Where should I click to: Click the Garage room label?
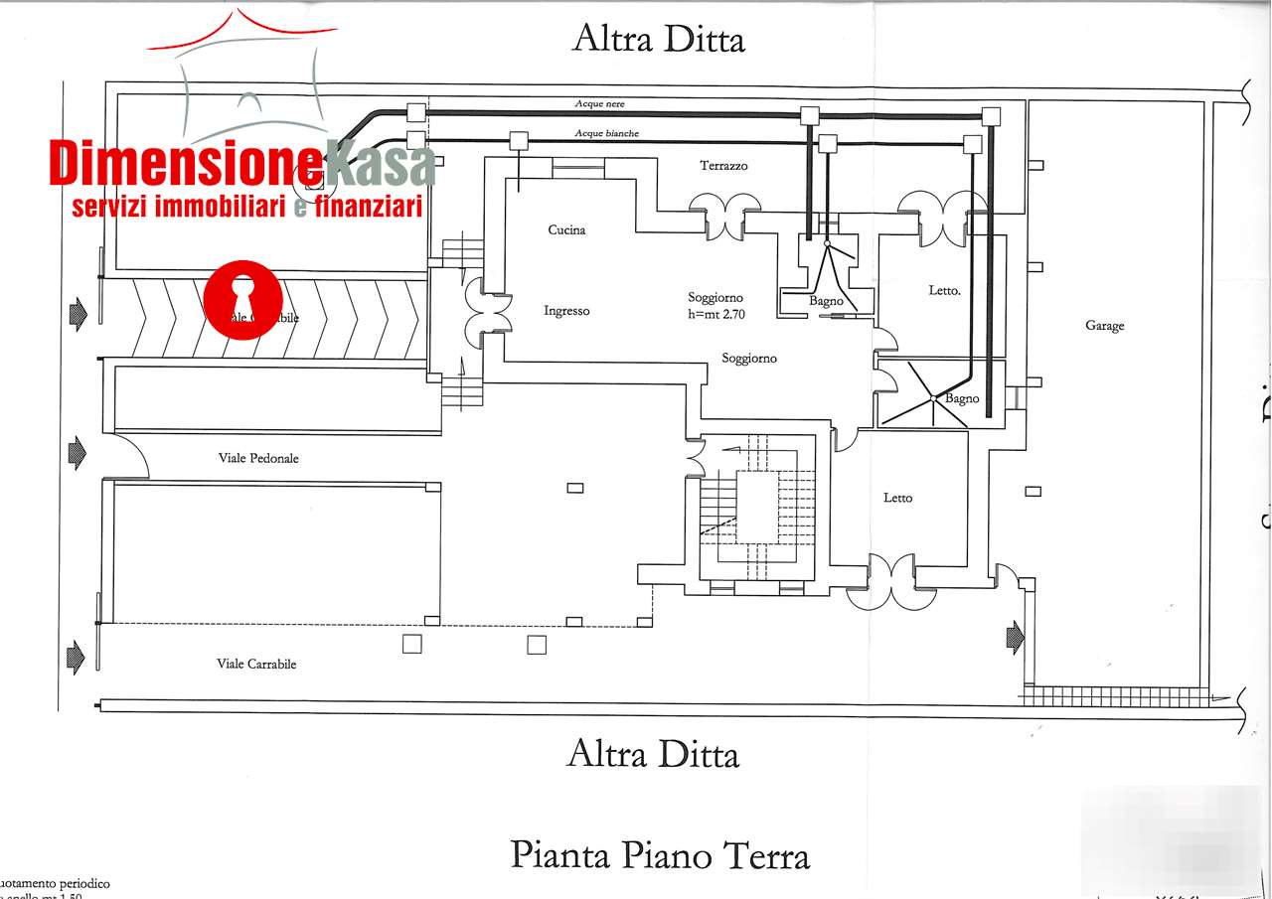click(x=1104, y=326)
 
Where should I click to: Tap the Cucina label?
click(x=566, y=229)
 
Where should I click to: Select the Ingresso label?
click(x=566, y=311)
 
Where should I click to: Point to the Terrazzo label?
click(x=723, y=166)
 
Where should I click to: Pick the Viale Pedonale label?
click(x=258, y=458)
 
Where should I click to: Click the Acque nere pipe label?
click(x=600, y=103)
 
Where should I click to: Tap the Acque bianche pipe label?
click(x=606, y=133)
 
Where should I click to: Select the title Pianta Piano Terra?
click(x=660, y=854)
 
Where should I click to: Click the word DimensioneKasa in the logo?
click(x=241, y=164)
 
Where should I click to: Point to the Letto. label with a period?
click(x=944, y=291)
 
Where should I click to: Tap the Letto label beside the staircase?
click(x=897, y=498)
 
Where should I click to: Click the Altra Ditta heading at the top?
click(x=658, y=39)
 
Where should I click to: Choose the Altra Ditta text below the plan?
click(x=653, y=754)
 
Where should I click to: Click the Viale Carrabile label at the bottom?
click(x=256, y=664)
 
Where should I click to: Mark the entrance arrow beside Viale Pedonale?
click(x=77, y=455)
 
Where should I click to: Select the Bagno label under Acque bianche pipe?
click(x=826, y=301)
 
